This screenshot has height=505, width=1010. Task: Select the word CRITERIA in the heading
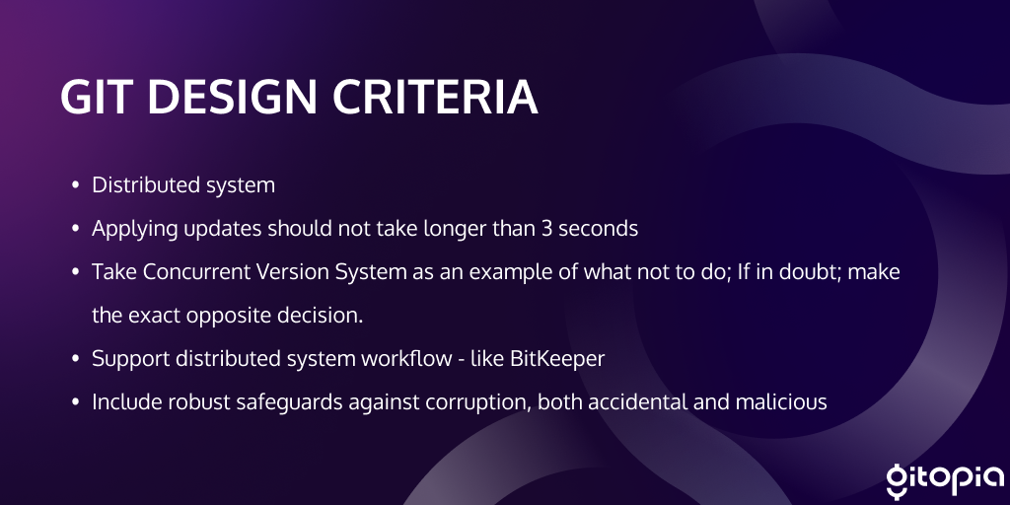tap(435, 98)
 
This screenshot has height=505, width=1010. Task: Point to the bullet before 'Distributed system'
tap(75, 185)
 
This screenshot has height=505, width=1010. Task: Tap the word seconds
tap(599, 229)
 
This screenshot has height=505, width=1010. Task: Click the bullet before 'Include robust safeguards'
tap(75, 402)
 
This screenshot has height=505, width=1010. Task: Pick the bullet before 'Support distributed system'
tap(75, 359)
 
